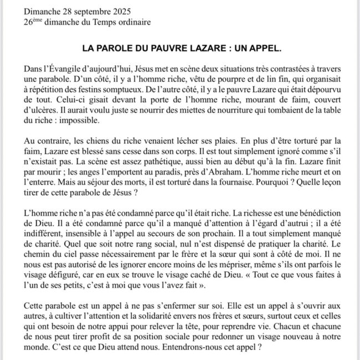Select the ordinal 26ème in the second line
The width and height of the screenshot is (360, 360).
coord(34,22)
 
